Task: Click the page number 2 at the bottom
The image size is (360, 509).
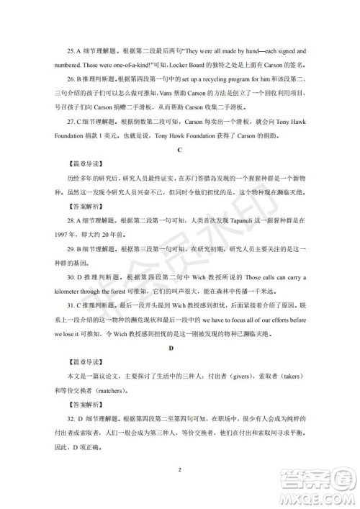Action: pyautogui.click(x=179, y=471)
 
